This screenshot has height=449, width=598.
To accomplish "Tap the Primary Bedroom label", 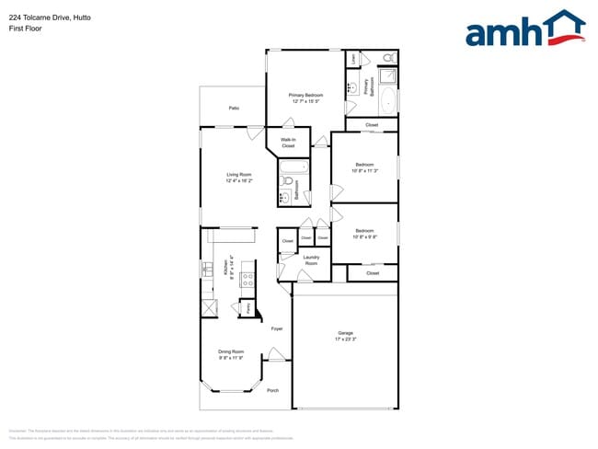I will [x=305, y=95].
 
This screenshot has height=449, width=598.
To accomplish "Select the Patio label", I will [x=235, y=109].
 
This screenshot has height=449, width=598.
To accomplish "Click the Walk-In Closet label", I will [x=288, y=143].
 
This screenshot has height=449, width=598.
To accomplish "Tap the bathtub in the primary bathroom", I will [x=388, y=100].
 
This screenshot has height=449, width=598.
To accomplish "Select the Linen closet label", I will [x=354, y=58].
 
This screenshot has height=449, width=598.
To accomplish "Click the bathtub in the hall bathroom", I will [x=296, y=167].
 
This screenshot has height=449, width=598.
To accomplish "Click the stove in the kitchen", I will [x=247, y=279].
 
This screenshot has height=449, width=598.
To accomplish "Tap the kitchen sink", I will [x=207, y=270].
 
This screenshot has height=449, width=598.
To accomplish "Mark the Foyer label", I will [x=276, y=328].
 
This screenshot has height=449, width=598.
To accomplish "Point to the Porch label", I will [x=272, y=390].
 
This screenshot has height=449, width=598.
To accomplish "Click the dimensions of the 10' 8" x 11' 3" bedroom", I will [x=364, y=171].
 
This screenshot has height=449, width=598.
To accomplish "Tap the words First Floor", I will [x=26, y=29].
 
